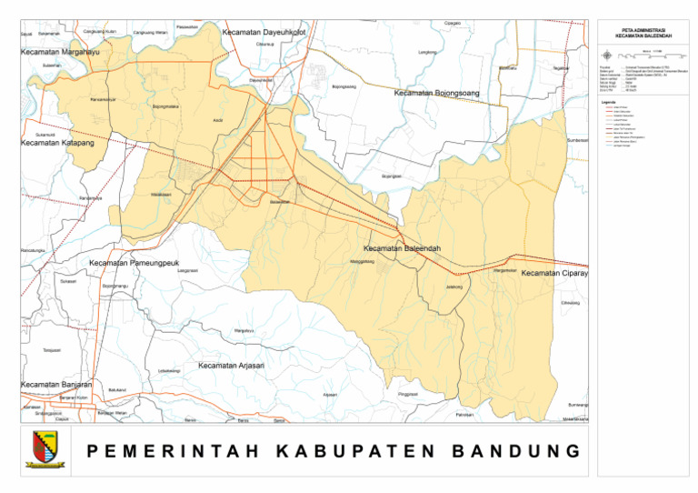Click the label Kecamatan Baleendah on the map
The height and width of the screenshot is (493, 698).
point(402,248)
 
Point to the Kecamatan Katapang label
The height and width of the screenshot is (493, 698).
point(57,143)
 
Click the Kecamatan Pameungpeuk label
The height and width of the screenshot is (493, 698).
point(133,263)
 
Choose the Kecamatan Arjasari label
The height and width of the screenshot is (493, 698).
point(231,366)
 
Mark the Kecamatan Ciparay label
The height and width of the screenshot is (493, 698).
point(554,273)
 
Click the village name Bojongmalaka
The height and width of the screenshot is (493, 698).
point(165,106)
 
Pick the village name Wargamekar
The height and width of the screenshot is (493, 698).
point(504,270)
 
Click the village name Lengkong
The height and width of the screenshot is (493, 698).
point(426,52)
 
